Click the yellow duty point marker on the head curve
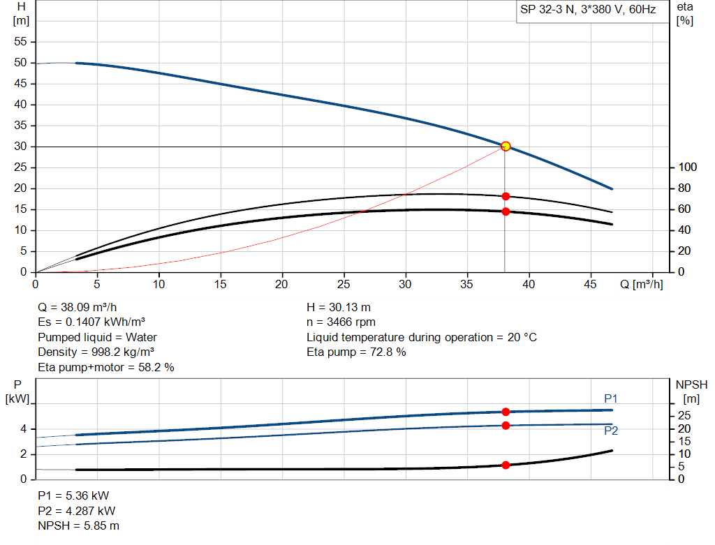[x=506, y=146]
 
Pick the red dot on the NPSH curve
[x=506, y=465]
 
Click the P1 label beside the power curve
[x=611, y=398]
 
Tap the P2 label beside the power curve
[x=611, y=431]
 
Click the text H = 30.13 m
[x=339, y=307]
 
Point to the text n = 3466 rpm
[x=341, y=322]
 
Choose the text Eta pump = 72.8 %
[x=356, y=352]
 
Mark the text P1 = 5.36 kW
[x=73, y=495]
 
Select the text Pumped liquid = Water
[x=97, y=337]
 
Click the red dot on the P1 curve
[x=506, y=412]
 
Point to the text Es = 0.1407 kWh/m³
[x=91, y=322]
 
